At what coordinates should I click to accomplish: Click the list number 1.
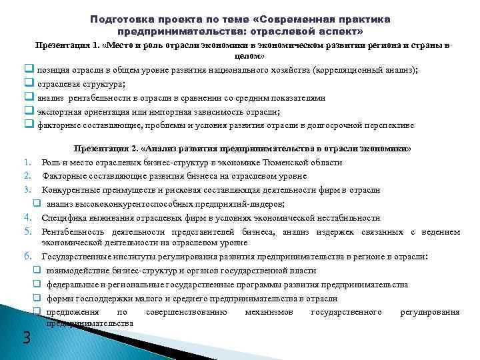pos(28,162)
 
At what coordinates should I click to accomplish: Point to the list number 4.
pos(28,217)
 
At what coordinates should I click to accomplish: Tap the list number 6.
pos(28,256)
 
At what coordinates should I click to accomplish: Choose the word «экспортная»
pos(57,111)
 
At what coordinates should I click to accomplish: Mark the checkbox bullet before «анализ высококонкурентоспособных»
pos(37,204)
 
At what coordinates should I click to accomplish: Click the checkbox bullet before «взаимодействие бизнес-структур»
pos(37,271)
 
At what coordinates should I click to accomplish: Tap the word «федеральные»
pos(71,285)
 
